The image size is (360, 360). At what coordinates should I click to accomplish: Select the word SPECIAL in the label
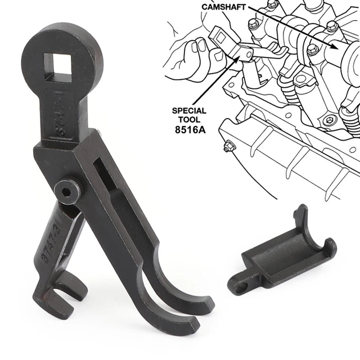pos(188,111)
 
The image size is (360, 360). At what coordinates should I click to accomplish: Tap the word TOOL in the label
pos(189,120)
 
